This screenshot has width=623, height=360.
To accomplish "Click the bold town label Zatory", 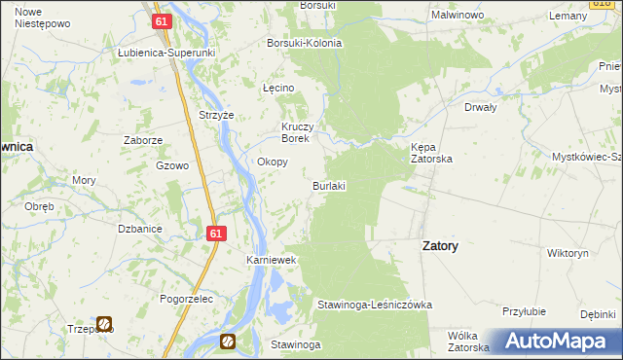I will pyautogui.click(x=440, y=246).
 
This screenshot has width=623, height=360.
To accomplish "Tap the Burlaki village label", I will pyautogui.click(x=329, y=185).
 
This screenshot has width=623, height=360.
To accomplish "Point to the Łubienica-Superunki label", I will pyautogui.click(x=165, y=53).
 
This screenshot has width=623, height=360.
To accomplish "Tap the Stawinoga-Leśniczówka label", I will pyautogui.click(x=375, y=305).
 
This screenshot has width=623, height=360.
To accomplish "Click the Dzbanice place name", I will pyautogui.click(x=139, y=229).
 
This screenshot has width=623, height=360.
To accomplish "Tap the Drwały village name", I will pyautogui.click(x=482, y=108).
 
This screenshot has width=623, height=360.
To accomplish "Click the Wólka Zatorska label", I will pyautogui.click(x=467, y=341).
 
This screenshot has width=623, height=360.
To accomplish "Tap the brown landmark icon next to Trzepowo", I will pyautogui.click(x=104, y=323).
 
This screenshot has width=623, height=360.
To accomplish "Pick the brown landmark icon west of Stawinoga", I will pyautogui.click(x=228, y=341).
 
